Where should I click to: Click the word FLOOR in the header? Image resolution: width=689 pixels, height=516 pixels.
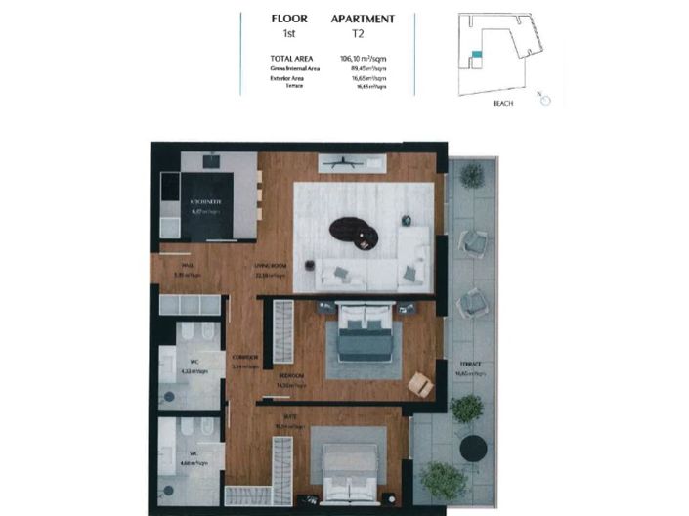(288, 19)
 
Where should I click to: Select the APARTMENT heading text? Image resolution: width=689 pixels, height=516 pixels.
(363, 19)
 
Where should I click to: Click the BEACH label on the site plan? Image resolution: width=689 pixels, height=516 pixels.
(504, 102)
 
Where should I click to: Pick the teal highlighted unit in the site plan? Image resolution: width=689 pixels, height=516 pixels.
(476, 53)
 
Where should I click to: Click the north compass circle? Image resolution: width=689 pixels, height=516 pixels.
(545, 100)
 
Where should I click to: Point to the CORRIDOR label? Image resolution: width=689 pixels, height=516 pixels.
(244, 357)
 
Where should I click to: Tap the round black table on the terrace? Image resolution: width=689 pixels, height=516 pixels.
(473, 447)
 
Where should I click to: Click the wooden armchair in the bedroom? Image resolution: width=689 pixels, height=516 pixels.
(421, 384)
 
